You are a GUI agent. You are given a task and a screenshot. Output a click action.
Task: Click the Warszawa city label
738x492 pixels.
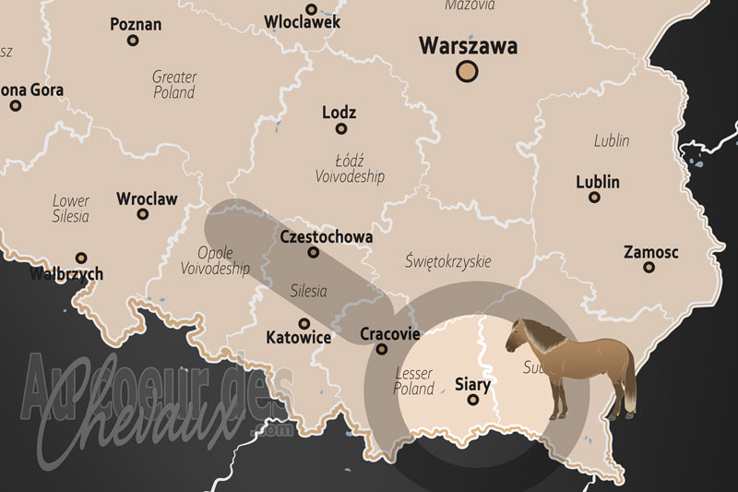point(468,45)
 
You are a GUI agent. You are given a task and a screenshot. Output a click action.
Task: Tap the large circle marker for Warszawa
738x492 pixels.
point(469,71)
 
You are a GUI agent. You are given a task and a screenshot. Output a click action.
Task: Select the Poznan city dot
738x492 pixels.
point(133,41)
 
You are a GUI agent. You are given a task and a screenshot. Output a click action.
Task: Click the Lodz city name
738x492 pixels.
point(339,113)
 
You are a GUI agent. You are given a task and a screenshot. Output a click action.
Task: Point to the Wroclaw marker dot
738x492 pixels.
point(142,214)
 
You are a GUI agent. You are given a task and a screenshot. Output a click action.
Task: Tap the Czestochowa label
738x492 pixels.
point(326,237)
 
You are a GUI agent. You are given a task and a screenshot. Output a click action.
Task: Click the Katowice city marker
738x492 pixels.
point(304,322)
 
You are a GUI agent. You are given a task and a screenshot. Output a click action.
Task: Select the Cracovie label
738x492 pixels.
point(389,334)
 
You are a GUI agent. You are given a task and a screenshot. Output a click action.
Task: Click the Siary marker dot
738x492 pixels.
point(473,401)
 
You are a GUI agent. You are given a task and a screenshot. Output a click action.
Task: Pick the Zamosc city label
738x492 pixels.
point(651,252)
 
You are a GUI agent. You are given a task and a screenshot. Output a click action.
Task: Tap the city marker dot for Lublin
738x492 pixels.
point(594,198)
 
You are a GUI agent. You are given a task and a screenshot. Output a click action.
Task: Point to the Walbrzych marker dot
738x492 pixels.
point(81,258)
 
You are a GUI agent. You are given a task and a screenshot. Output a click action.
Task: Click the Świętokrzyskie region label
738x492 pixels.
point(448,261)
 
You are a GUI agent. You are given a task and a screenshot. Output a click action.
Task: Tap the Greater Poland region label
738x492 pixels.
point(174,85)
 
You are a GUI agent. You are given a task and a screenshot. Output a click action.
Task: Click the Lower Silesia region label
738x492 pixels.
point(71,209)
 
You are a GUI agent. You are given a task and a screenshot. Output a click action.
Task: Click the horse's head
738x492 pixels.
point(518,336)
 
